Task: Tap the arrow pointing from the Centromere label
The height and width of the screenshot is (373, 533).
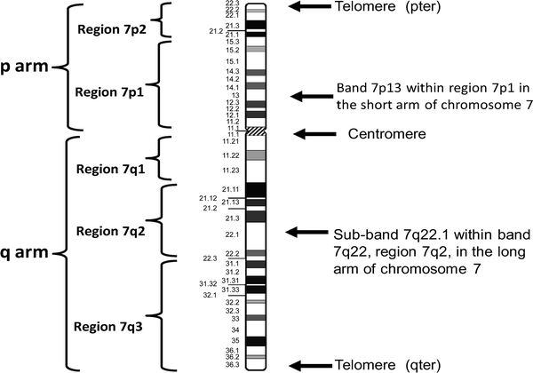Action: [x=314, y=133]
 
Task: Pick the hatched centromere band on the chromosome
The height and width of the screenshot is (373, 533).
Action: [x=256, y=131]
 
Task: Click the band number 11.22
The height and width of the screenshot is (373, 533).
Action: [x=231, y=155]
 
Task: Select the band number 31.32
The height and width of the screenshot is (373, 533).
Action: [x=208, y=283]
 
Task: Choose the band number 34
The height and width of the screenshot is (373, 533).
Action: [x=236, y=329]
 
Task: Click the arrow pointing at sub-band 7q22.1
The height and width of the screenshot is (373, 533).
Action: [x=306, y=233]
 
